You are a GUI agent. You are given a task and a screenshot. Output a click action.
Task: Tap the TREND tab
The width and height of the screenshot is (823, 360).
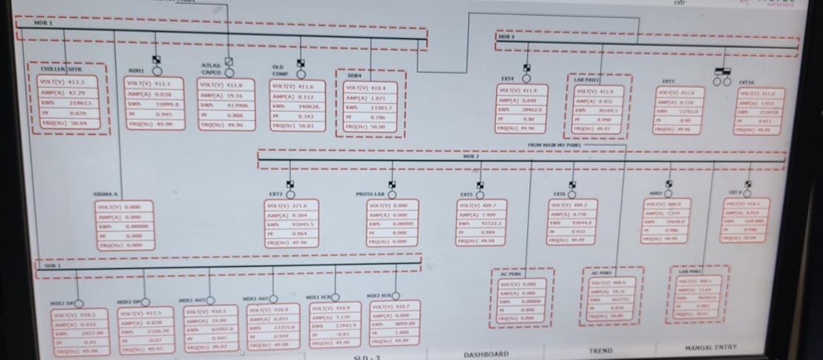tap(600, 350)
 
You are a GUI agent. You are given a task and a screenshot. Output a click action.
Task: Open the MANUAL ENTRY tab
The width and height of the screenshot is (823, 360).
tap(710, 348)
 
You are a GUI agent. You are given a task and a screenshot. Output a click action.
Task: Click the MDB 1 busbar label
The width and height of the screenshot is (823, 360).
tap(44, 23)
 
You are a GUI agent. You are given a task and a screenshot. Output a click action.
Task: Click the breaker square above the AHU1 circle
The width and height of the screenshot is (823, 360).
tap(156, 59)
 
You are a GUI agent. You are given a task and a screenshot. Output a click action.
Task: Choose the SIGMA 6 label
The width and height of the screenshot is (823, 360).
tap(106, 194)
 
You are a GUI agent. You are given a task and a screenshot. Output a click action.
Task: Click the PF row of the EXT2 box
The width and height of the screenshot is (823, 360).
tap(292, 234)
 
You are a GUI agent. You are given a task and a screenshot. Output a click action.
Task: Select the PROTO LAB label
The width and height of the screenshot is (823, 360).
tap(370, 194)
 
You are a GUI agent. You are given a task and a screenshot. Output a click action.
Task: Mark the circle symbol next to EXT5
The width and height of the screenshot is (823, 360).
tap(480, 194)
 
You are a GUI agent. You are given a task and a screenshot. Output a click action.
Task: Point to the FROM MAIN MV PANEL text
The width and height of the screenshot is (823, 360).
tap(554, 145)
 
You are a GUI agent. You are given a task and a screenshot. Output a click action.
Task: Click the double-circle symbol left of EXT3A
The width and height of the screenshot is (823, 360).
tap(722, 81)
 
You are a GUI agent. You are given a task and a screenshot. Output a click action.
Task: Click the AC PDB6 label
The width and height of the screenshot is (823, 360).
tap(510, 274)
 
